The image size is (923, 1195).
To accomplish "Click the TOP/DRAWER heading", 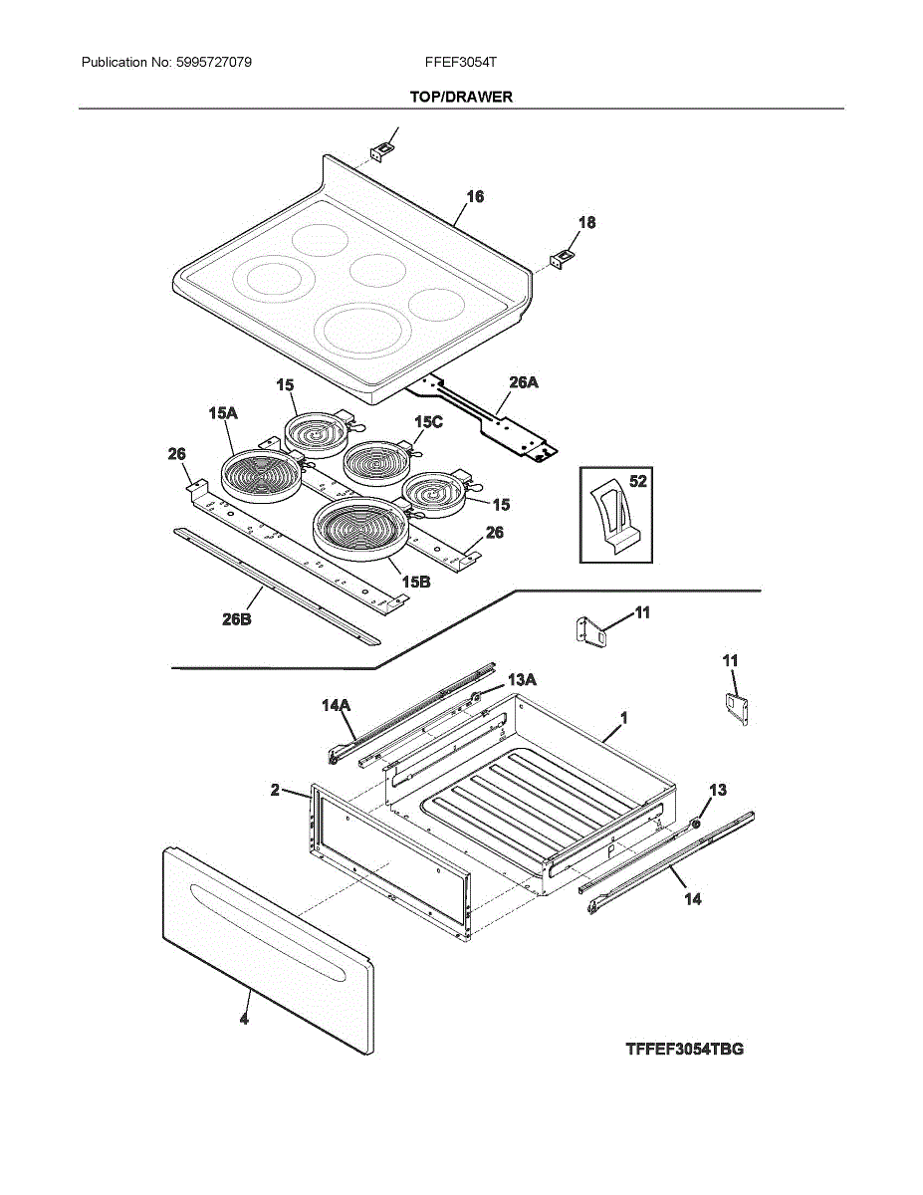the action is [x=461, y=97].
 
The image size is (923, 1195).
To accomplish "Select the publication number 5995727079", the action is [x=214, y=62].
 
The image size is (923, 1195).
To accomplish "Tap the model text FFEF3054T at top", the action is [x=461, y=62].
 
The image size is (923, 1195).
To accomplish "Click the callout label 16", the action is [x=475, y=196].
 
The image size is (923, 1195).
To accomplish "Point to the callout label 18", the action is [x=587, y=222].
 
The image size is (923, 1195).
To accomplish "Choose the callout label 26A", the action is [x=524, y=382].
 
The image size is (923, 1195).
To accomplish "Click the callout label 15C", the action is [x=428, y=422].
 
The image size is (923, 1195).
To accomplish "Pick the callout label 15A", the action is [x=223, y=413].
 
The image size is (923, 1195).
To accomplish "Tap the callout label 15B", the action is [x=415, y=582].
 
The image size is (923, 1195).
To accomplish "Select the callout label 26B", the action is [x=237, y=619].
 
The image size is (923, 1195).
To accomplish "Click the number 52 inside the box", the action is [x=637, y=481].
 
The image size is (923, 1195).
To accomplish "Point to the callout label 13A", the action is [x=522, y=680].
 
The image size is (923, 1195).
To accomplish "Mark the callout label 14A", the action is [x=337, y=705].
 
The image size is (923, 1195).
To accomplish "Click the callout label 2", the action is [x=275, y=790].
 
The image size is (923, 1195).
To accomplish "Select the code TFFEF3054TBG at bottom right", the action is [x=685, y=1050].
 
